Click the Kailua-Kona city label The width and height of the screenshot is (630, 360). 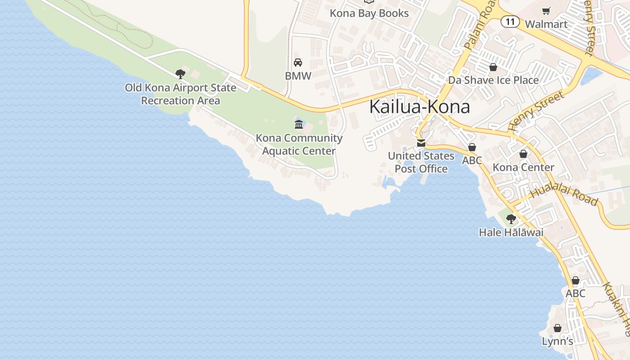(x=419, y=107)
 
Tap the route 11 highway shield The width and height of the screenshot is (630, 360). (x=510, y=22)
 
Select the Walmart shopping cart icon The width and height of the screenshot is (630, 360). (x=546, y=11)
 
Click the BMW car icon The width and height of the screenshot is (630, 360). (x=298, y=63)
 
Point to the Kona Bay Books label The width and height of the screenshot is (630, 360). (x=369, y=13)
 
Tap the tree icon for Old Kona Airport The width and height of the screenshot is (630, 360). (x=180, y=74)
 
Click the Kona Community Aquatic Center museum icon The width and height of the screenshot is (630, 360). (x=299, y=124)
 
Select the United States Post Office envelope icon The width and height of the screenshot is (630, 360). (x=421, y=143)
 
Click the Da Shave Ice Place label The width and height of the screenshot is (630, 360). (x=493, y=80)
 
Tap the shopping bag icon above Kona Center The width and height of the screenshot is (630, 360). (x=523, y=154)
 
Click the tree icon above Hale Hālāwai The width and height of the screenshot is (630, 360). (x=511, y=219)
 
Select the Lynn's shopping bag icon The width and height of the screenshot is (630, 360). (x=558, y=328)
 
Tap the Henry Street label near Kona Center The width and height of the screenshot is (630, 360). (x=536, y=111)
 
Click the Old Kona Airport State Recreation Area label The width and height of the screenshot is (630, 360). (x=180, y=94)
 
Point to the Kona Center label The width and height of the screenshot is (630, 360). (x=523, y=167)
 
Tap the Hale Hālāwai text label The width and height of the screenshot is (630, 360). (x=511, y=233)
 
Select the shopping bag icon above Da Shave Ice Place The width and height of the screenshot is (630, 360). (x=493, y=67)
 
